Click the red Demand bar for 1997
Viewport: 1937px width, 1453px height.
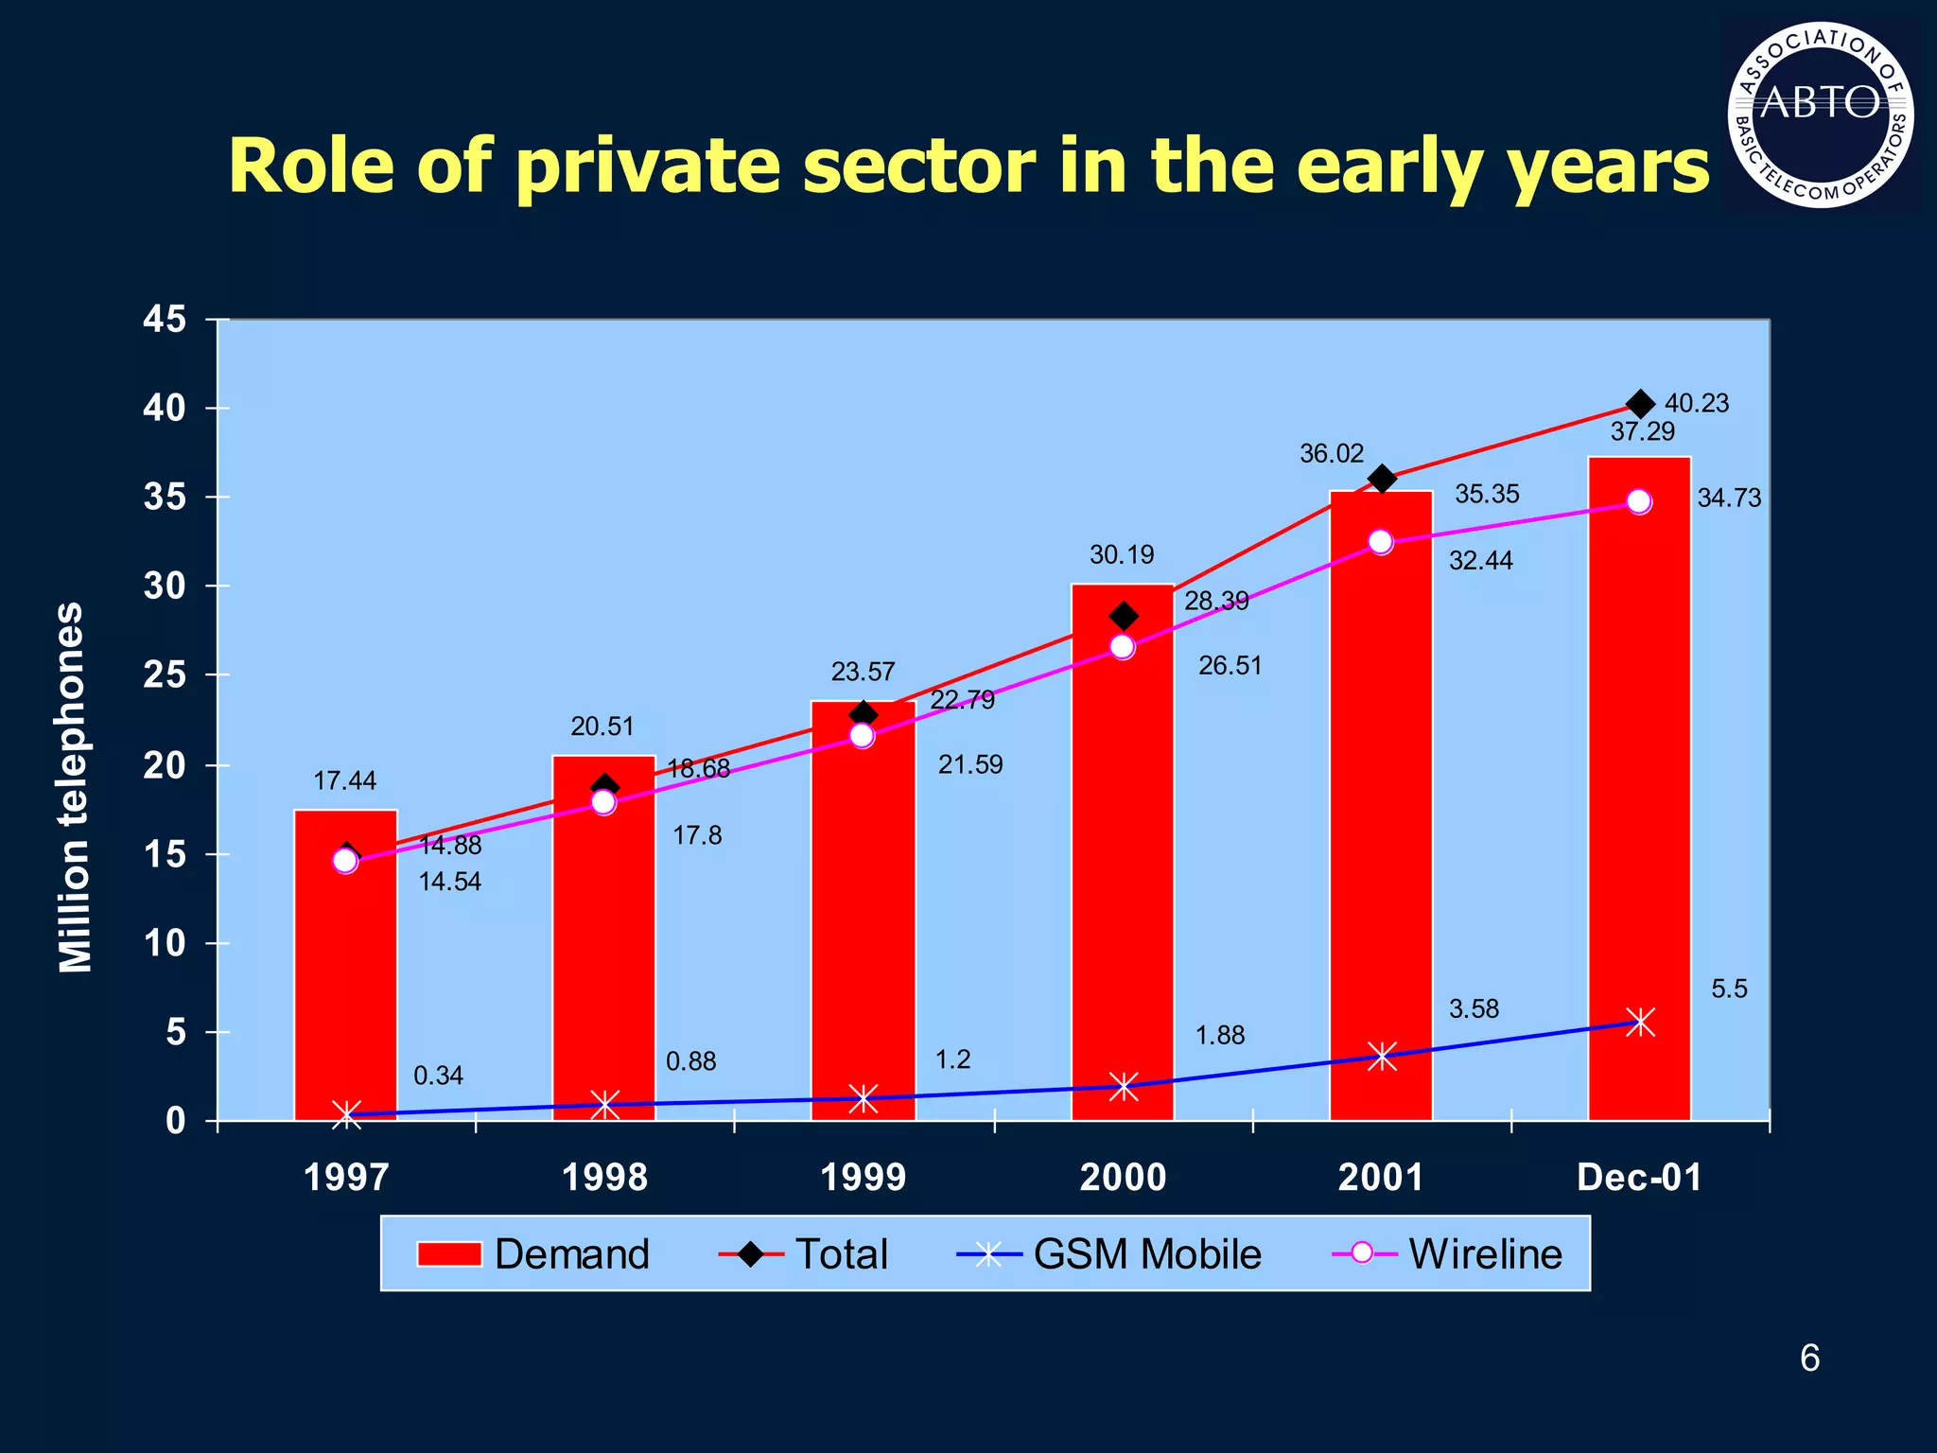click(345, 984)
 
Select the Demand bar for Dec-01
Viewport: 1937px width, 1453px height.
click(1639, 804)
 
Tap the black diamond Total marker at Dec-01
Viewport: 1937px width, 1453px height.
click(1640, 404)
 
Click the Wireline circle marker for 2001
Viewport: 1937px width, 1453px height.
click(1381, 542)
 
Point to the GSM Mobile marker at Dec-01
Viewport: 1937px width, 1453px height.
click(1640, 1022)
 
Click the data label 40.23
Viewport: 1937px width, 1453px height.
click(1696, 404)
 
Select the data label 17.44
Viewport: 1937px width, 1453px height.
click(344, 781)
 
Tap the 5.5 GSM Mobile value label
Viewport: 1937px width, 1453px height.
click(1729, 989)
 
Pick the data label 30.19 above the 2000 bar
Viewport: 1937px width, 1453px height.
click(1122, 555)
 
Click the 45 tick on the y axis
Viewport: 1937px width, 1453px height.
click(165, 321)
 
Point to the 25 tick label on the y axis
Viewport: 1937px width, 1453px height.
click(165, 675)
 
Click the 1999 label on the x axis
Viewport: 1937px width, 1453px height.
click(863, 1178)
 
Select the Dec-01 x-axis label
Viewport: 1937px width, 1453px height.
click(1639, 1178)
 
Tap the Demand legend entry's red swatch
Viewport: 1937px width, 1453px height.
click(449, 1254)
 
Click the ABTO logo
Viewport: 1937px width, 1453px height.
click(1821, 114)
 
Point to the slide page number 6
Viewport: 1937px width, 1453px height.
click(1809, 1358)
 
